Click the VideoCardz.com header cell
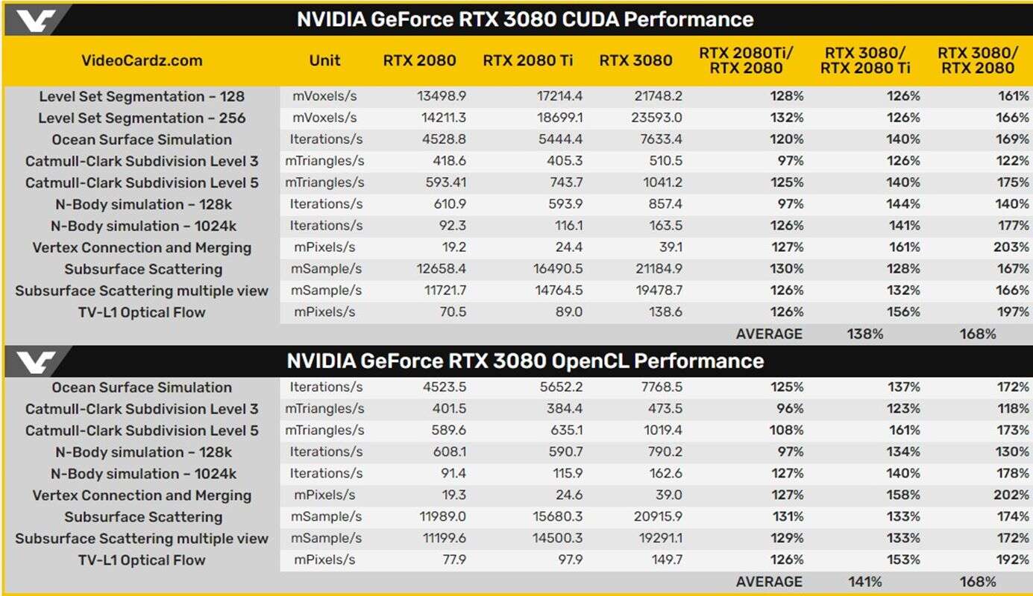tap(142, 61)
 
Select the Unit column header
tap(324, 61)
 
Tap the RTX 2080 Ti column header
tap(528, 61)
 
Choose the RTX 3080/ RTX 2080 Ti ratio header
tap(865, 60)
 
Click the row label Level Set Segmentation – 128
tap(142, 97)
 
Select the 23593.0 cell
tap(657, 118)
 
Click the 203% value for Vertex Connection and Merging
tap(1011, 247)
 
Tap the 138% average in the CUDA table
tap(865, 335)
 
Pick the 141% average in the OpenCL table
tap(865, 582)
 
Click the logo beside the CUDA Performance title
tap(36, 20)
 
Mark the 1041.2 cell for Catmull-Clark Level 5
tap(662, 183)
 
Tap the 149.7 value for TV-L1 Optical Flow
tap(665, 560)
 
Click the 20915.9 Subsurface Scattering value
tap(657, 517)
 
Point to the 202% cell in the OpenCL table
tap(1011, 495)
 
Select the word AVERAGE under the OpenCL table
tap(769, 582)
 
